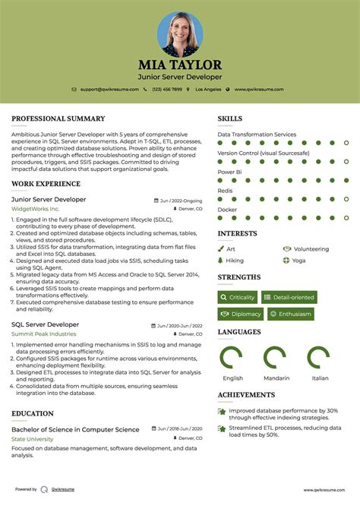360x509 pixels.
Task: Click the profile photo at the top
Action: (180, 33)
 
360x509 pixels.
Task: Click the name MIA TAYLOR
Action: (180, 65)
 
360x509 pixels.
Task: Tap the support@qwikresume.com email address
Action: (110, 89)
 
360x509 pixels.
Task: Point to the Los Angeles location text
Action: (207, 89)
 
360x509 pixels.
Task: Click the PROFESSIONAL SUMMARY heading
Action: (58, 119)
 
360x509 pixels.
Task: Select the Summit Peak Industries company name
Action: (43, 334)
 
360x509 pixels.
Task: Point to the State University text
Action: (32, 439)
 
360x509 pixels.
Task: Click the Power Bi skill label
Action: (229, 172)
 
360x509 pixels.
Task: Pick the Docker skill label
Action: (227, 210)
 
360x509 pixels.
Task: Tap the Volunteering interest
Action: (311, 248)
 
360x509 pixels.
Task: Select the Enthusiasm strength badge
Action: (291, 314)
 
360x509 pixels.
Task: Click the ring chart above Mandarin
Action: (274, 357)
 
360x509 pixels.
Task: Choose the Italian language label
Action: (320, 378)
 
